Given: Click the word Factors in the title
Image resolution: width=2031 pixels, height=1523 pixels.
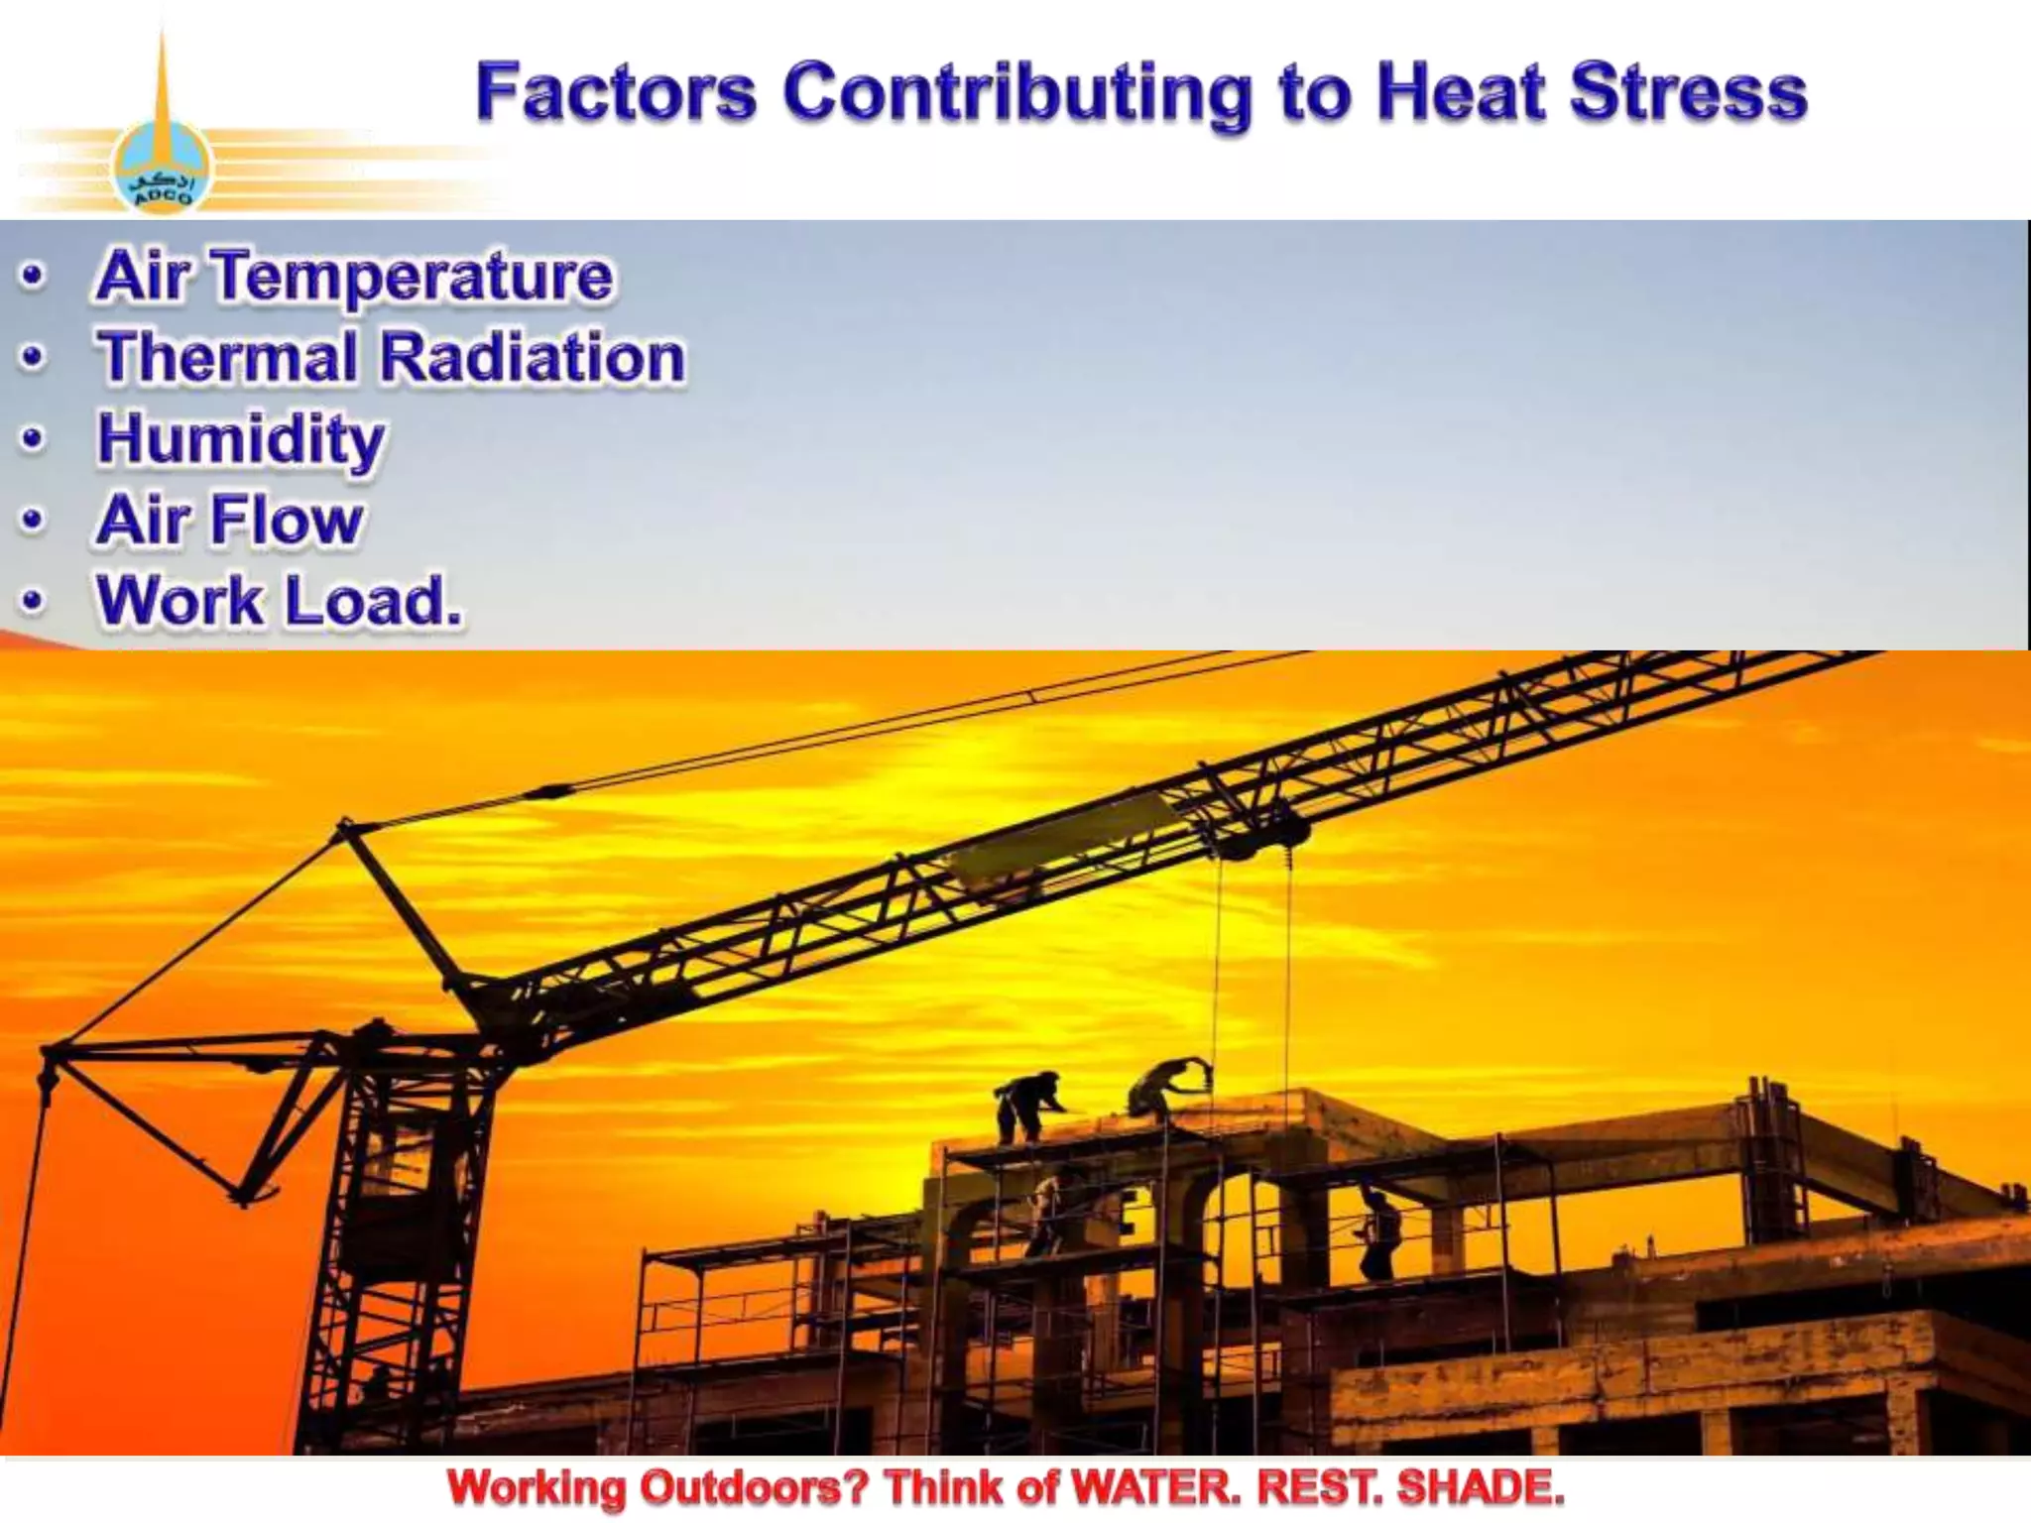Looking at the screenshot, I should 616,92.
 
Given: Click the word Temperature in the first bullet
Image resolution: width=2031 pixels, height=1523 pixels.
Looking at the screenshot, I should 414,278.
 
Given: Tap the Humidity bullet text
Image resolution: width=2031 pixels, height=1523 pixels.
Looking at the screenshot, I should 241,440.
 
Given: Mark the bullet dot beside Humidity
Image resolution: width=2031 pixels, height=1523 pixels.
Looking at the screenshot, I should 34,438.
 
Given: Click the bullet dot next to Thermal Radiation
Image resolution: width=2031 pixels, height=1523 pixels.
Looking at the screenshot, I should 34,357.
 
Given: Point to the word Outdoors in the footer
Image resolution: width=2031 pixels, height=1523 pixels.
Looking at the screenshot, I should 754,1488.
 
